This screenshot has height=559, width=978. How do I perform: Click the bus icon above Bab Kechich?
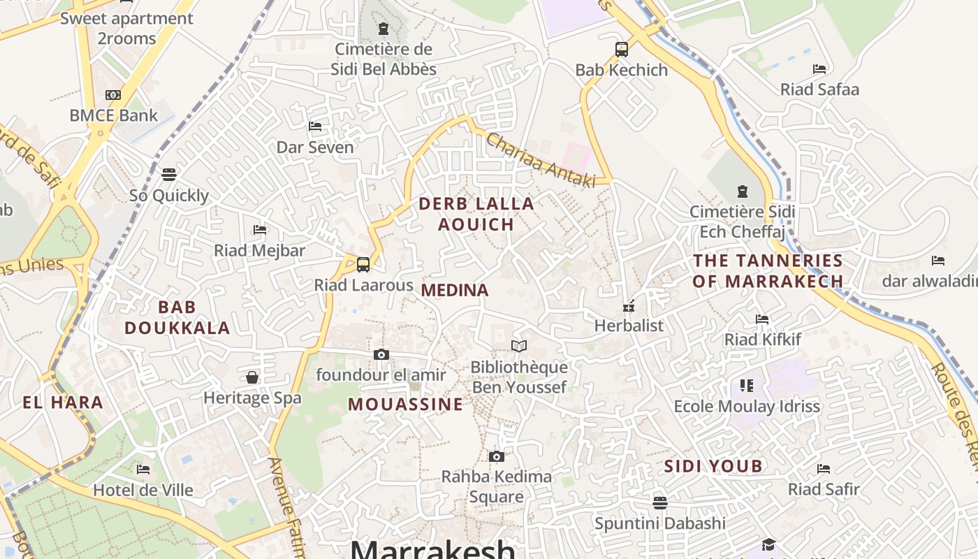621,50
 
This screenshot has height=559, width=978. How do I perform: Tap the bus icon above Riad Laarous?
363,265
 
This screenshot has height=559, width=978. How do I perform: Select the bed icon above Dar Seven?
315,126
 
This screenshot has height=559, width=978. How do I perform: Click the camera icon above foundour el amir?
381,355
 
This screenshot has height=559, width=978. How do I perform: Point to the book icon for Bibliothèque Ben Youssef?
518,347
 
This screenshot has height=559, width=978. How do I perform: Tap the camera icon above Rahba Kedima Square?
496,457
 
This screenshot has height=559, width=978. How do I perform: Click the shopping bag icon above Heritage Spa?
252,378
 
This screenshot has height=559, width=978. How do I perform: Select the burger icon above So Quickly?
169,175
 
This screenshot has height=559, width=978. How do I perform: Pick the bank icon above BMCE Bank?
113,95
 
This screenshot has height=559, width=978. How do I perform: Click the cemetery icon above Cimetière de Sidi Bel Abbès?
383,29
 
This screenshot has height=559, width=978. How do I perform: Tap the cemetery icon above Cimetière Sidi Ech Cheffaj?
742,191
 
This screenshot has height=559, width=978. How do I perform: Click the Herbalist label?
629,326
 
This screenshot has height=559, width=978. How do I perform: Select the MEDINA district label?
455,291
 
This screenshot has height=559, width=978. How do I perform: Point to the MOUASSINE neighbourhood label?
405,405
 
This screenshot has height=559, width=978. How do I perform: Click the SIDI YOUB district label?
713,466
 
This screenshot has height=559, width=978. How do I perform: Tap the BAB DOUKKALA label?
177,317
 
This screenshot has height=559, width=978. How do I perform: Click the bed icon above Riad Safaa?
819,69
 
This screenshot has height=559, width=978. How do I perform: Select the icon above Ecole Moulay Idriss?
746,386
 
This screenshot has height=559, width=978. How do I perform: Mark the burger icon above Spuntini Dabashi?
659,503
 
